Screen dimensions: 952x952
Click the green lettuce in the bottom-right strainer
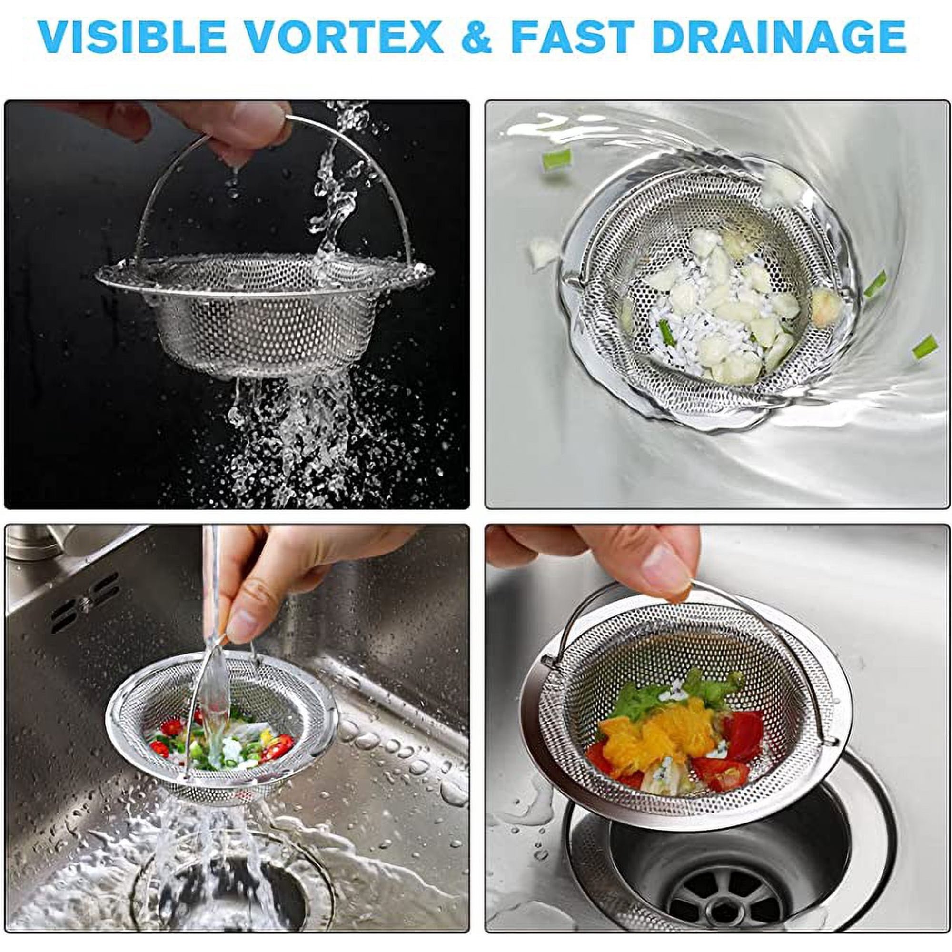tap(641, 700)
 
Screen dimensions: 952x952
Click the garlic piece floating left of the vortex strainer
tap(543, 251)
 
